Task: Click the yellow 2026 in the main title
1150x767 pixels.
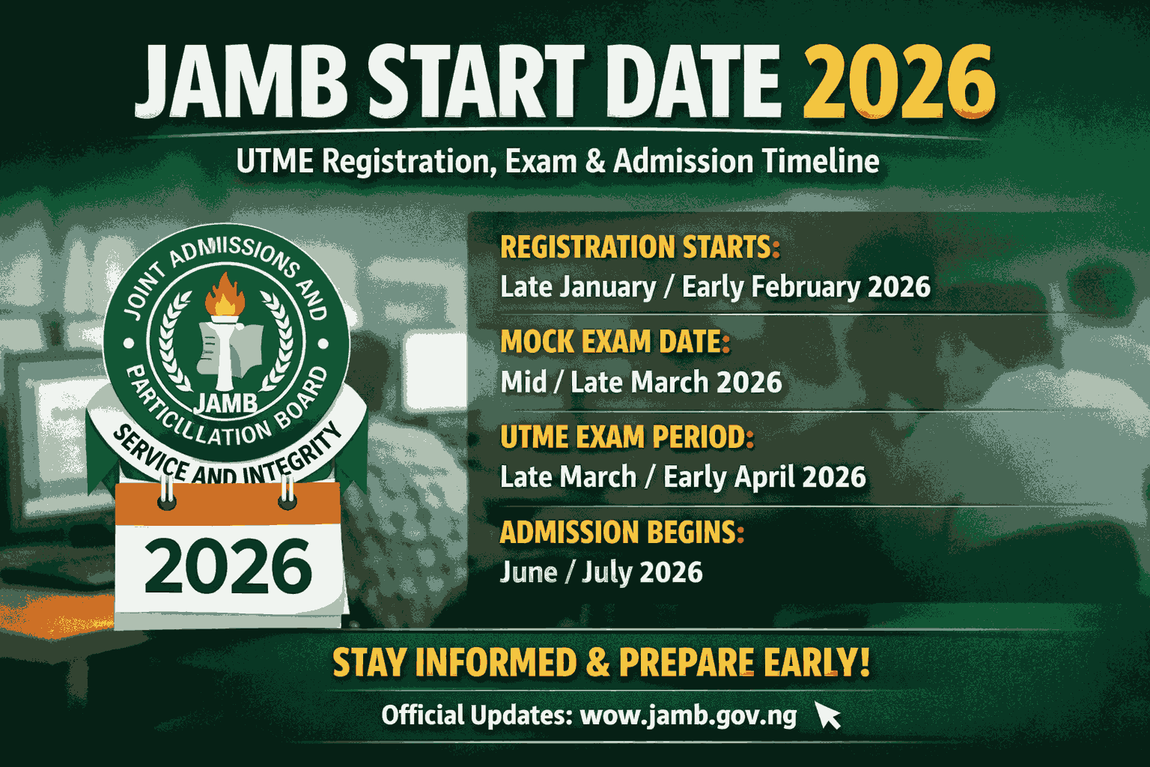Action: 898,81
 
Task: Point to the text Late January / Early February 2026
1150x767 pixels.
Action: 715,287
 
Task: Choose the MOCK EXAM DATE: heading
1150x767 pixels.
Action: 615,342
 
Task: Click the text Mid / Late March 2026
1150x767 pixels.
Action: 641,383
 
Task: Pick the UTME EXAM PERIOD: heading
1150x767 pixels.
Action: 627,437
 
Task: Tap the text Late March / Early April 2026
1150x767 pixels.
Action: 683,477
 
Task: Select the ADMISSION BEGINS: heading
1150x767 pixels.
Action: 622,533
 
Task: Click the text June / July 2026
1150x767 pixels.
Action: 601,573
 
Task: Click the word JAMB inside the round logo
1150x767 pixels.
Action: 225,404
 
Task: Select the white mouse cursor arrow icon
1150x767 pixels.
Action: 827,715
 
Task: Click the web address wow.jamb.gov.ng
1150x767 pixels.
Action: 688,715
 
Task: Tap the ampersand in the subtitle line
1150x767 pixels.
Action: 595,162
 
